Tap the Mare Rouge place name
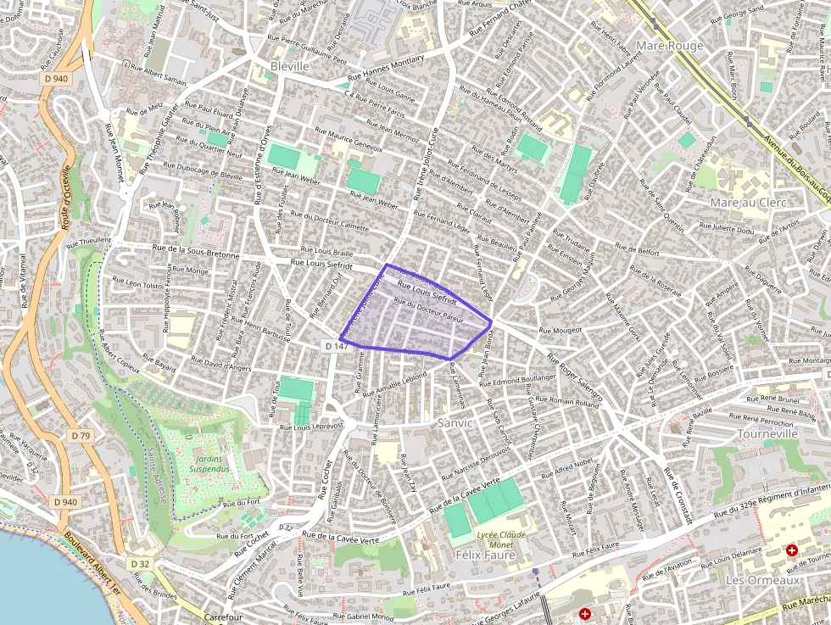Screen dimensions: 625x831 [669, 45]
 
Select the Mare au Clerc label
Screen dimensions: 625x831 [748, 203]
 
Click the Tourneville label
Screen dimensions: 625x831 [768, 433]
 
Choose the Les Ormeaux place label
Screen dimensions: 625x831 [763, 580]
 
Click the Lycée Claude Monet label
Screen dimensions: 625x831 [500, 539]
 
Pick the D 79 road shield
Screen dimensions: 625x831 [81, 435]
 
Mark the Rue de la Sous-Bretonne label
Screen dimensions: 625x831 [196, 251]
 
